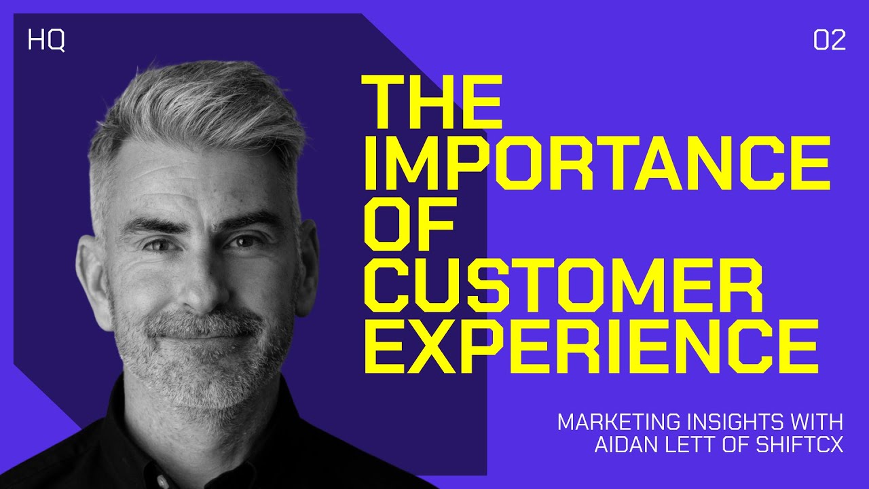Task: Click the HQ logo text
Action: [x=46, y=41]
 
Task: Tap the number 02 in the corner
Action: [x=829, y=41]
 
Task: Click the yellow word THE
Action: [x=432, y=103]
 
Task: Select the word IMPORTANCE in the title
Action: [x=596, y=165]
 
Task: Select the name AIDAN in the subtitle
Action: [x=624, y=446]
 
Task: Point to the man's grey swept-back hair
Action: [x=197, y=109]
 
